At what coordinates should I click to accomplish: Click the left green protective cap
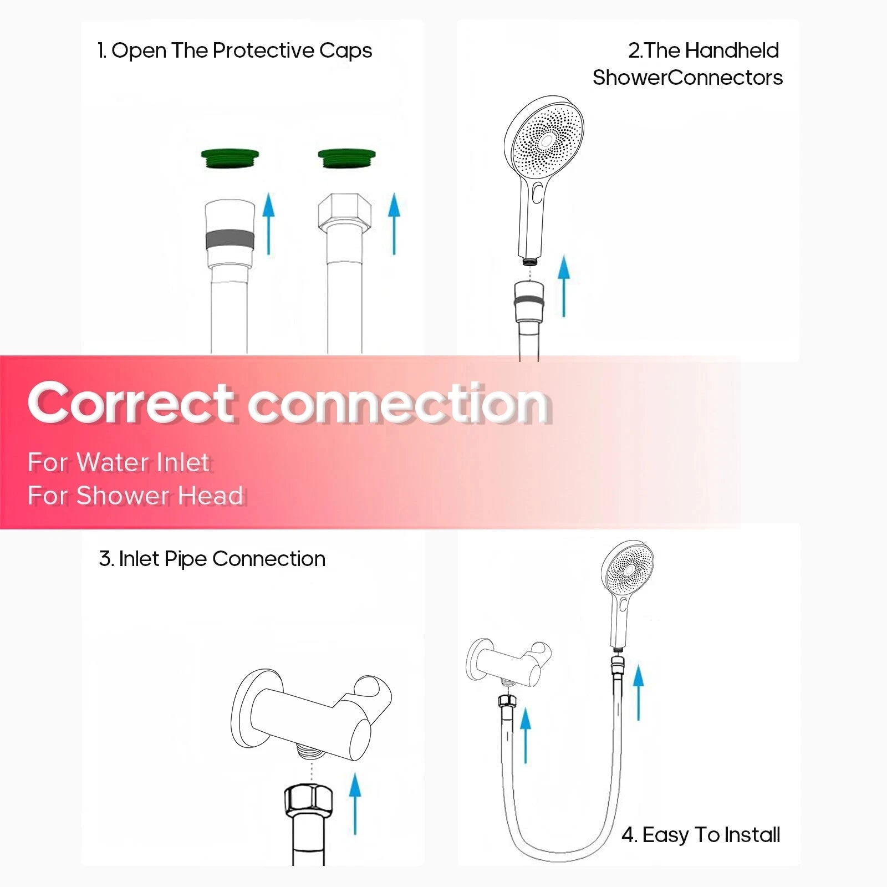[x=230, y=160]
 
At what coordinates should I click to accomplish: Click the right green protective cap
[x=347, y=160]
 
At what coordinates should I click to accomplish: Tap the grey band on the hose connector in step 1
[x=230, y=240]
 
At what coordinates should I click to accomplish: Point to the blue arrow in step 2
[x=564, y=286]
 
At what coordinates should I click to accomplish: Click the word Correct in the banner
[x=130, y=402]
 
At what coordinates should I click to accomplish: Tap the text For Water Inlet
[x=119, y=462]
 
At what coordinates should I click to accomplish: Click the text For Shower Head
[x=135, y=495]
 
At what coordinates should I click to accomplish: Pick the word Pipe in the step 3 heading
[x=186, y=559]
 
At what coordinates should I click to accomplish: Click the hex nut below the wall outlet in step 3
[x=308, y=798]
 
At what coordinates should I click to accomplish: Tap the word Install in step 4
[x=752, y=834]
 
